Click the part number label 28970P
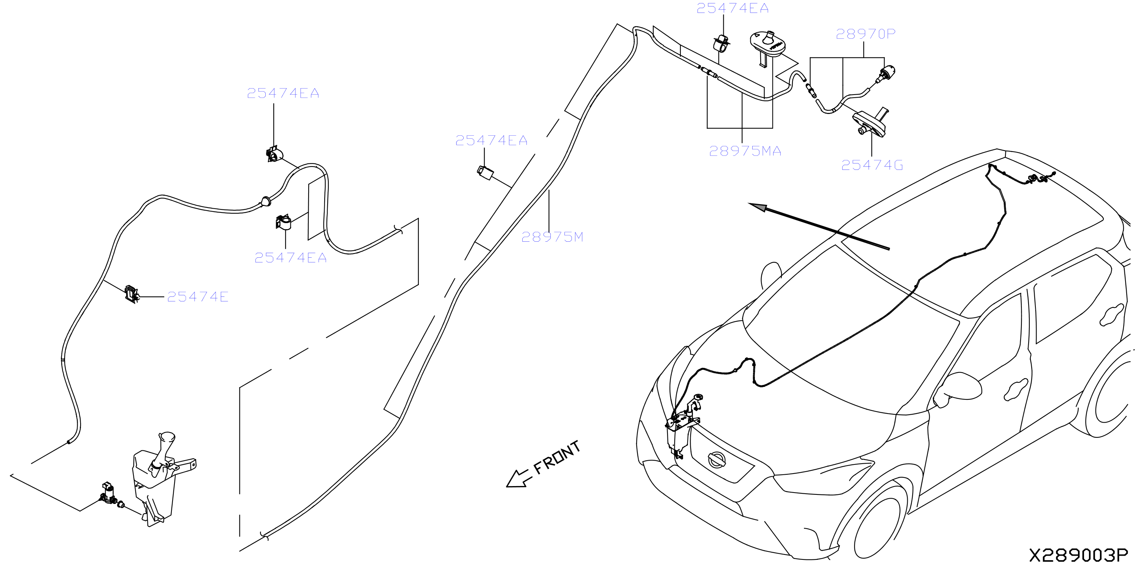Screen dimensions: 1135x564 (x=866, y=34)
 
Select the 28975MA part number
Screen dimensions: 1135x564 (x=745, y=151)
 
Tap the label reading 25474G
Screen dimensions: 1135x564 (x=872, y=165)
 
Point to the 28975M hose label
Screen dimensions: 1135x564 (x=552, y=237)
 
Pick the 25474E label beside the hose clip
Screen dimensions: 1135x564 (x=198, y=296)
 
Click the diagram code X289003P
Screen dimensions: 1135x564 (x=1078, y=555)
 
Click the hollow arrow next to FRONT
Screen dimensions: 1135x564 (x=517, y=479)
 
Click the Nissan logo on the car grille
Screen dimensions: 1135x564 (x=717, y=459)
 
